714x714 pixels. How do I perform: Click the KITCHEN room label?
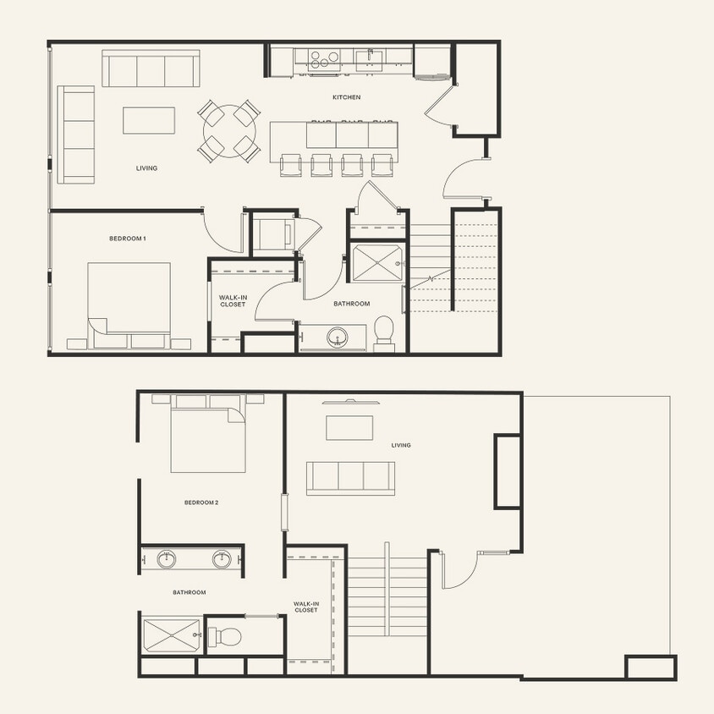[346, 97]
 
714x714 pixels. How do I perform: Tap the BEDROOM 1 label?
[128, 239]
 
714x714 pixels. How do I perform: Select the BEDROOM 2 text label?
[201, 503]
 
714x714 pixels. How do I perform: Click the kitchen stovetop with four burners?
[322, 58]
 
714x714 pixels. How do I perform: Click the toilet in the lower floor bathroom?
[226, 636]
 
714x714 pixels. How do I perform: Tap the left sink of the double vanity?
[168, 558]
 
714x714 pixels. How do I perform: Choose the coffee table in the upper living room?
[149, 119]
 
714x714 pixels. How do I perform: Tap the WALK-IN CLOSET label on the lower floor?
[305, 607]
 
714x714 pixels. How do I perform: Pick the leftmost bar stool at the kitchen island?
[289, 165]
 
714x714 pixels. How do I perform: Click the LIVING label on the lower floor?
[400, 445]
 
